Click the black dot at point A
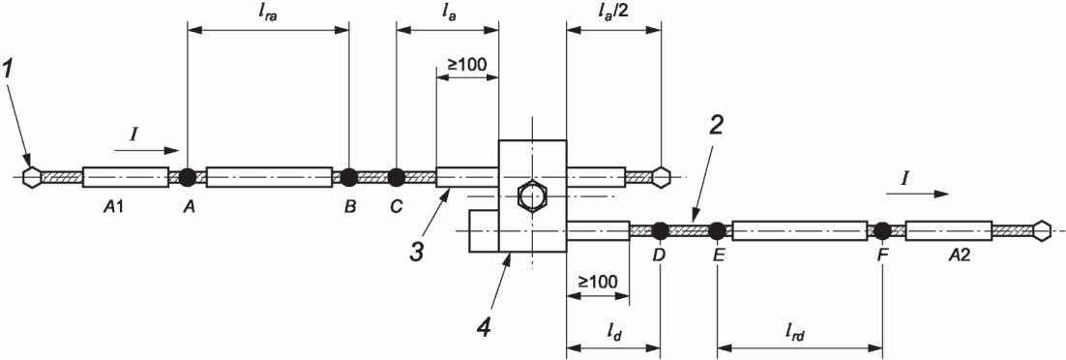[x=188, y=177]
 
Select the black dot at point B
[x=349, y=177]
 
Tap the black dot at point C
[x=396, y=177]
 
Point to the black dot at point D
[x=660, y=230]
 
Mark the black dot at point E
[x=717, y=230]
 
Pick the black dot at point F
[x=882, y=230]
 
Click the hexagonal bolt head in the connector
[x=532, y=196]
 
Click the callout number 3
[x=417, y=251]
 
